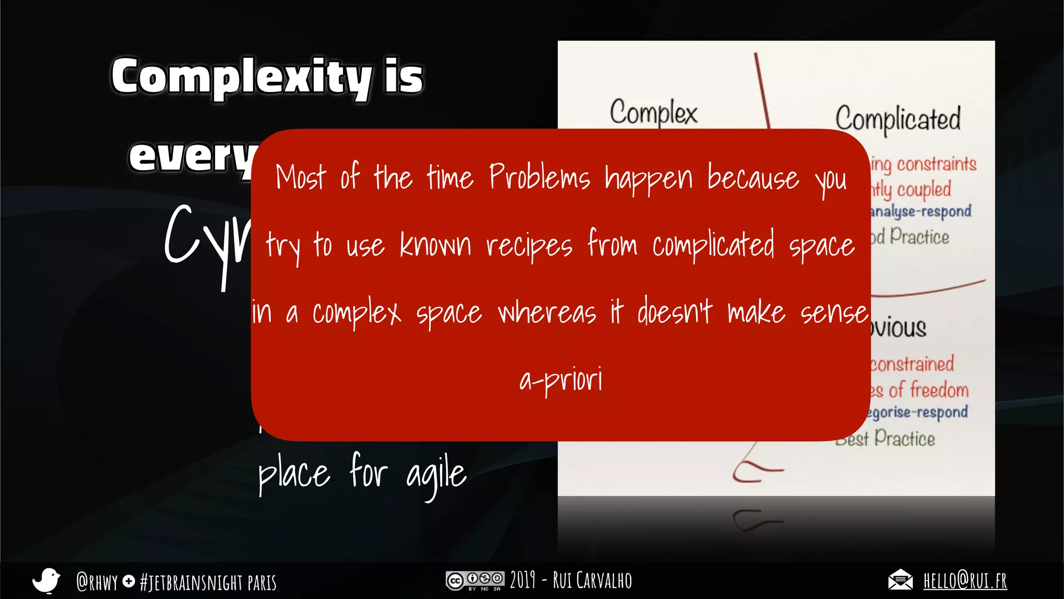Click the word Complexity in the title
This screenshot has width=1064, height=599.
pos(241,77)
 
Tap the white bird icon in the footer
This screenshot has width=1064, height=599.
pos(46,580)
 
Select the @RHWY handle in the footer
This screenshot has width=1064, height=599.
pos(97,582)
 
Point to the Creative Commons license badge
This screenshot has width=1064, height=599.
pos(474,581)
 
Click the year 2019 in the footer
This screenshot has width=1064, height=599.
pos(522,580)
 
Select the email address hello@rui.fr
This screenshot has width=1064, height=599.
pos(965,580)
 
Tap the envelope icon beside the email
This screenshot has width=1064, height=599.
pos(900,580)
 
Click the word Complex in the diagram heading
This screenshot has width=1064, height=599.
pos(654,112)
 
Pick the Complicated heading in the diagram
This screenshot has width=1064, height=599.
pos(898,119)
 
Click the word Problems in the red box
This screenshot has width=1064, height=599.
pos(539,177)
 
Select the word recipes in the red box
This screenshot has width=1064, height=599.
pos(529,245)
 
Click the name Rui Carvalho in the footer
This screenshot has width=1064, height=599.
pos(592,580)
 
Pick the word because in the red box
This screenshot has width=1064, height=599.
pos(753,178)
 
